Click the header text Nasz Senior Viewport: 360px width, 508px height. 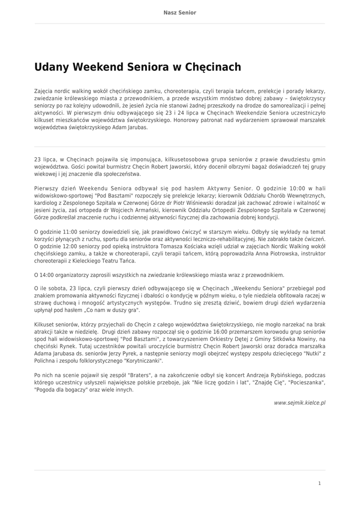[x=180, y=12]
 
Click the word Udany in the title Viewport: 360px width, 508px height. [x=52, y=67]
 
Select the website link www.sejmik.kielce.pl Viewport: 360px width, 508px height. [x=299, y=403]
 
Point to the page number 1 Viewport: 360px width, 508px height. [x=320, y=483]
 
